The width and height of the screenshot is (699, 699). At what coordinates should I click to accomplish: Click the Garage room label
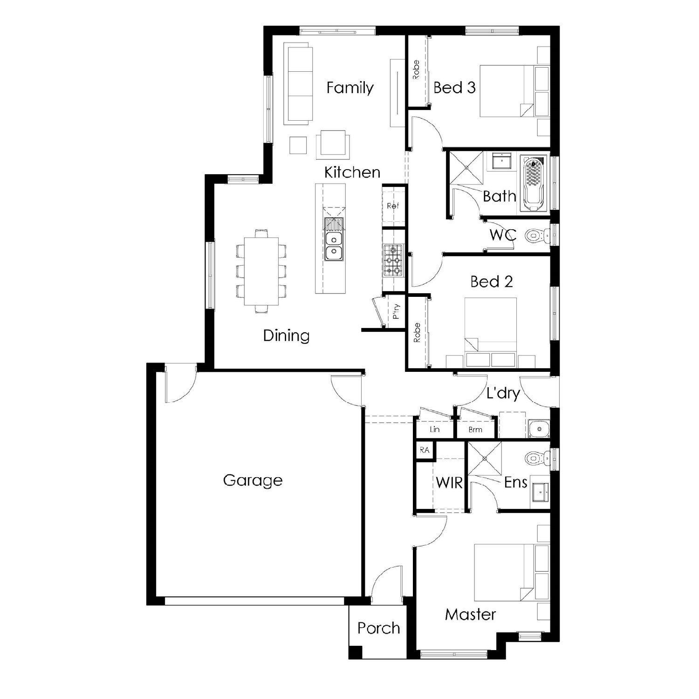(x=253, y=480)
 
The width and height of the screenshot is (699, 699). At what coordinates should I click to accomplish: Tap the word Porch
(x=378, y=628)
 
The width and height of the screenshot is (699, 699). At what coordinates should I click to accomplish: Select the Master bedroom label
(x=470, y=615)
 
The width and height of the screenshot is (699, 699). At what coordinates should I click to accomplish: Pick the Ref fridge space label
(x=393, y=206)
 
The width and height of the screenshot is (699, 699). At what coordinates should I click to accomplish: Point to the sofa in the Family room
(x=297, y=84)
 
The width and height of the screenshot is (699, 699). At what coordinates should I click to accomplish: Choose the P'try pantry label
(x=396, y=312)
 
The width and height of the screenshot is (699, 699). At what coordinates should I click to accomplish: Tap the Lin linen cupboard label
(x=435, y=429)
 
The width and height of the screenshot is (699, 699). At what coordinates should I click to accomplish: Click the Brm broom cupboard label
(x=475, y=430)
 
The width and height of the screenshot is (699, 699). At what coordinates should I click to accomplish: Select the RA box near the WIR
(x=425, y=451)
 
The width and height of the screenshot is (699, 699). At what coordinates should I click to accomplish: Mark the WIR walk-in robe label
(x=449, y=483)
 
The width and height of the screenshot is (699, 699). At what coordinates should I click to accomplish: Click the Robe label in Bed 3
(x=416, y=69)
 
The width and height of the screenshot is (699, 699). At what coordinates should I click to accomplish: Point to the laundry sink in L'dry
(x=539, y=428)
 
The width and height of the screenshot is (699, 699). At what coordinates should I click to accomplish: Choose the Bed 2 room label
(x=491, y=281)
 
